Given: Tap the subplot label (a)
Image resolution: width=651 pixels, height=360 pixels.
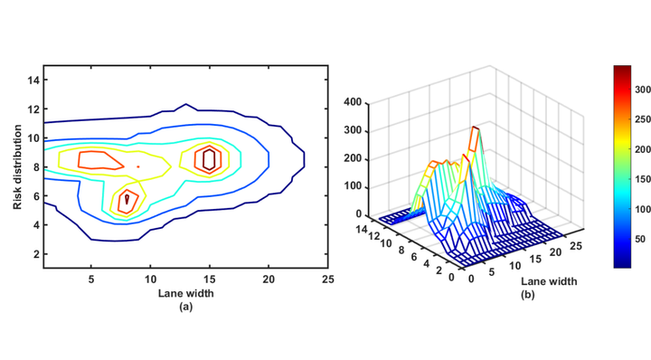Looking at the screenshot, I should point(185,307).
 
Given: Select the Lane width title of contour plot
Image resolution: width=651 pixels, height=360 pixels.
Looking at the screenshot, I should point(185,293).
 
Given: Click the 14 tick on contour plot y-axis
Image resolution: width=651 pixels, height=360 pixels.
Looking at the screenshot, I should point(33,80).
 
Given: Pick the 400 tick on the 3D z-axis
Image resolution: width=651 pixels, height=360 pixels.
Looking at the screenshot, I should point(354,102).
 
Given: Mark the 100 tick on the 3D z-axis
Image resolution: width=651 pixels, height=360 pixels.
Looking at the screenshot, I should point(354,186).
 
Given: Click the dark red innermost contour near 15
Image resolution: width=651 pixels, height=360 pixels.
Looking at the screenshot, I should point(209,160).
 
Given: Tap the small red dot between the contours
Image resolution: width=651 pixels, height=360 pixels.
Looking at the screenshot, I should point(137,166).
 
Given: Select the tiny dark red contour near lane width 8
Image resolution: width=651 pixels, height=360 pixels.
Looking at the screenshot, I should point(127,198).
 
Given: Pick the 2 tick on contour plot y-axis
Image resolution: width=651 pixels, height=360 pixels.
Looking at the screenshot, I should point(36,254).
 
